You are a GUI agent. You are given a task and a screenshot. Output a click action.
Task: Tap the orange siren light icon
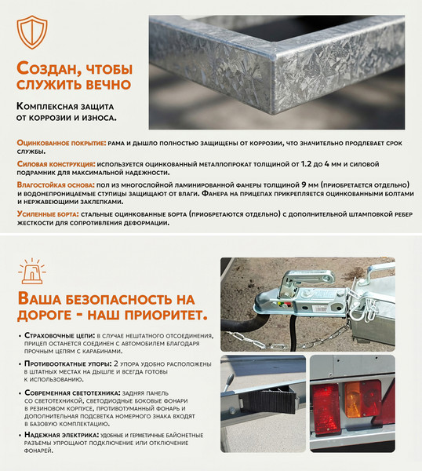32,269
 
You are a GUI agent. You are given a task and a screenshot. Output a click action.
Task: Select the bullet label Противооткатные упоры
69,364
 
